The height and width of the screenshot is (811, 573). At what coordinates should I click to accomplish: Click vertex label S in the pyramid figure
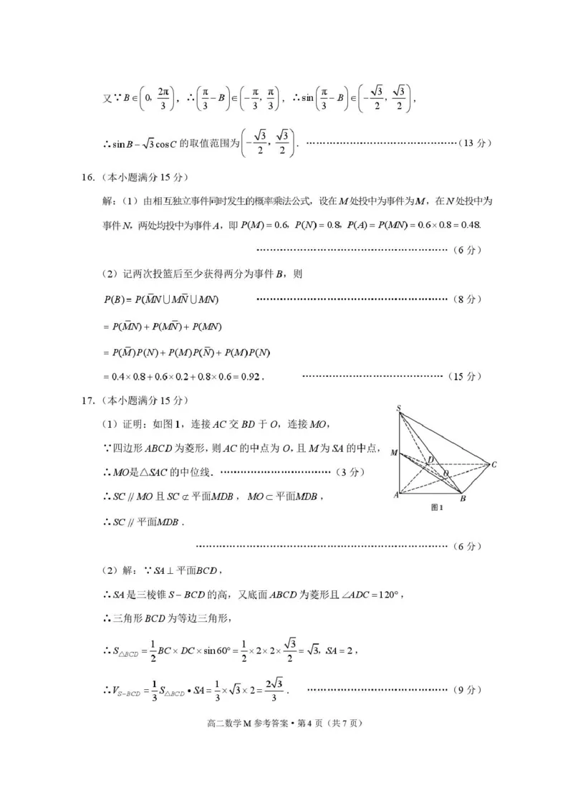pos(398,408)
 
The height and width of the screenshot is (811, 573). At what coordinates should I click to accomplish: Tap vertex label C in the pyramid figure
pos(494,465)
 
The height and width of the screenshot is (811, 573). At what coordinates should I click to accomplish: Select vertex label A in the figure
pos(395,495)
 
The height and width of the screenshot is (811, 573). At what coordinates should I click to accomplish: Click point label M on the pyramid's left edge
pos(393,453)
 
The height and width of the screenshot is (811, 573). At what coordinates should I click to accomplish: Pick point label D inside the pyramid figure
pos(431,459)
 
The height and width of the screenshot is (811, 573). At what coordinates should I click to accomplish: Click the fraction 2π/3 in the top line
pos(163,100)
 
